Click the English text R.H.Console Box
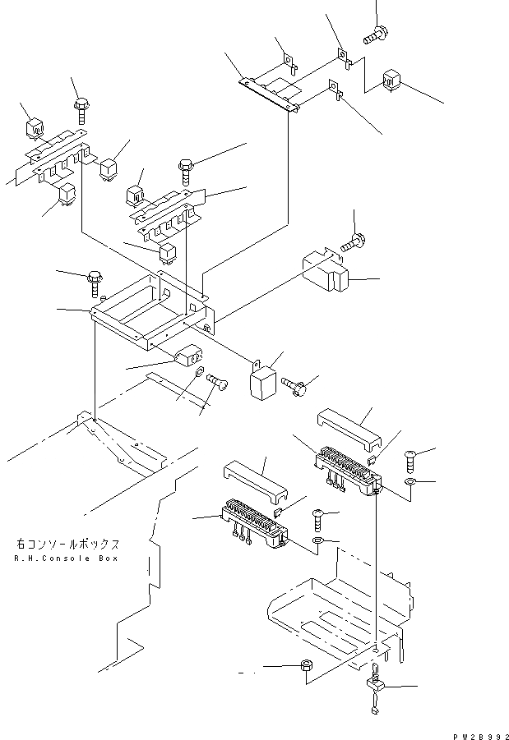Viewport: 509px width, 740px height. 67,558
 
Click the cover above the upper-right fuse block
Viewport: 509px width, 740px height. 347,426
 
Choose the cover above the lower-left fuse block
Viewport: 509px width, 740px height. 254,485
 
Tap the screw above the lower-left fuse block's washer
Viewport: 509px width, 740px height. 318,519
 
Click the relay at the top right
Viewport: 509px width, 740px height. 392,81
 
